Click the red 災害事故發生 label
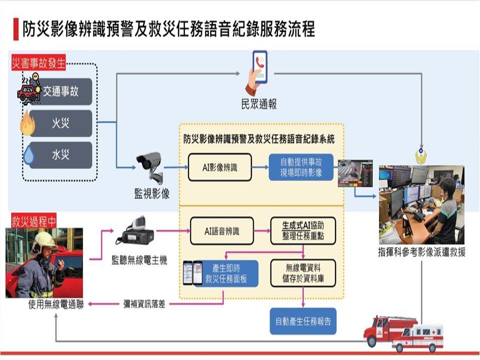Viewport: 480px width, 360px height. pos(39,64)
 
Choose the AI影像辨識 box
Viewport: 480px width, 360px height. pos(219,167)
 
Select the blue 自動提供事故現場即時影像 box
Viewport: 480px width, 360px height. pos(301,167)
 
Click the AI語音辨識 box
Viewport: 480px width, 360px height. pos(221,231)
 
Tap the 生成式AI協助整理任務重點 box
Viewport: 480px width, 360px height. pos(303,231)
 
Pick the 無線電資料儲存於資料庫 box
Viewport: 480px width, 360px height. pos(303,273)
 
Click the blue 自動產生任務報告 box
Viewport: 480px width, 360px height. pos(303,320)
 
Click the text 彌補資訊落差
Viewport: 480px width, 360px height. pos(144,303)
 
